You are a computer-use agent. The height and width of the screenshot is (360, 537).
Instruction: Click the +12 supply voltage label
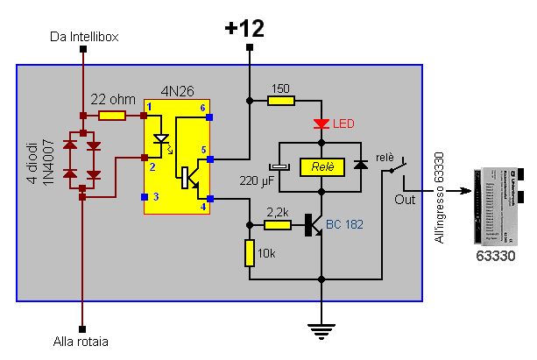[244, 28]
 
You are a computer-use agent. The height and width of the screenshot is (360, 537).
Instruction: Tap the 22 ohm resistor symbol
[111, 115]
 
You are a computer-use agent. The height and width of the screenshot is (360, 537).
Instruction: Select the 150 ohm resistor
[280, 101]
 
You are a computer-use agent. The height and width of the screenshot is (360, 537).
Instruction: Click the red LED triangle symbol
[322, 124]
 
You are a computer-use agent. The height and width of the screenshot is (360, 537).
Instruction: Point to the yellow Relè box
[322, 166]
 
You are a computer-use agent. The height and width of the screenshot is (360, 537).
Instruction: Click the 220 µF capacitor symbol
[279, 166]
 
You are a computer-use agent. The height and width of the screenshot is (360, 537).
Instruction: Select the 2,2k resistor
[278, 225]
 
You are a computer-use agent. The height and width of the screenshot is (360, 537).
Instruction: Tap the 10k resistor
[250, 252]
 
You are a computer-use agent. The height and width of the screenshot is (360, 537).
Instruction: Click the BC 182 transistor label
[343, 225]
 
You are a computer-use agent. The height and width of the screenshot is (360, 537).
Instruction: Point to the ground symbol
[322, 330]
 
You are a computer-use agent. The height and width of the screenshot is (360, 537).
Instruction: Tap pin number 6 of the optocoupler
[203, 108]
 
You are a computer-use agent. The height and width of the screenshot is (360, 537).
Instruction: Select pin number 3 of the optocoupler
[156, 197]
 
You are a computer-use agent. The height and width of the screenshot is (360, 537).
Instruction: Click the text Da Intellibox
[83, 37]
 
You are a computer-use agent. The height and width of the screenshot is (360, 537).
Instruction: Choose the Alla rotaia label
[83, 342]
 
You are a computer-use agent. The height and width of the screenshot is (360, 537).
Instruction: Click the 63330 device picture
[497, 205]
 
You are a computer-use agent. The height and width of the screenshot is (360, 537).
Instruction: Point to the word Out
[405, 200]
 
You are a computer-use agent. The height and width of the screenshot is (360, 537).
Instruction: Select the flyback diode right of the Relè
[360, 166]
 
